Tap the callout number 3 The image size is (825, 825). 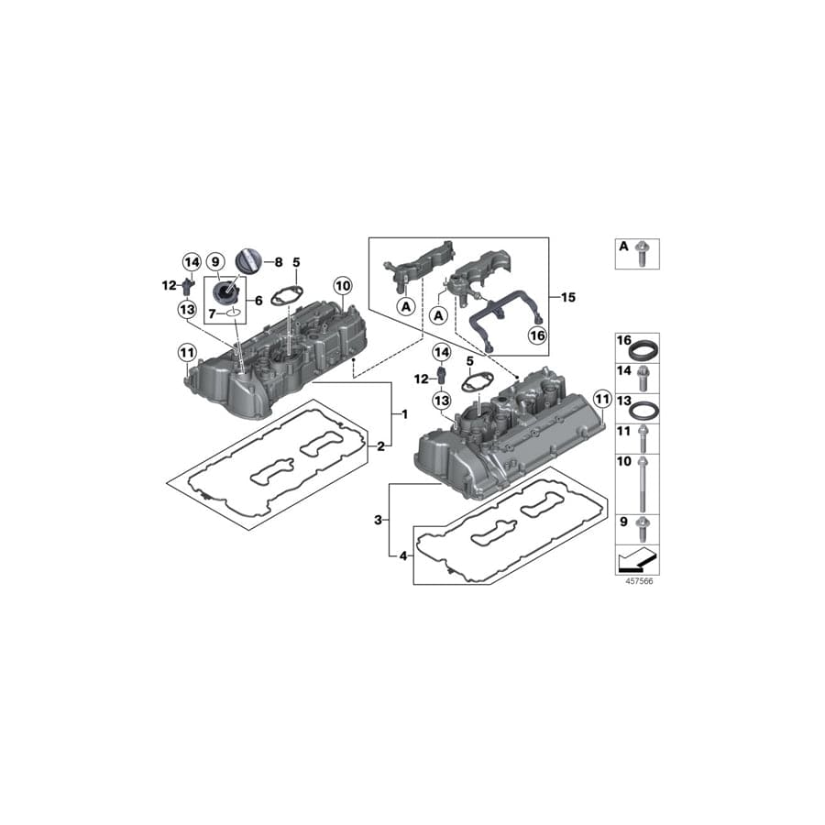click(377, 520)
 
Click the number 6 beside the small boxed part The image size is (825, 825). click(257, 299)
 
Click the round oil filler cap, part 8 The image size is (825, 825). click(249, 260)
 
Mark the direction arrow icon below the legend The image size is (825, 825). click(636, 557)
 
